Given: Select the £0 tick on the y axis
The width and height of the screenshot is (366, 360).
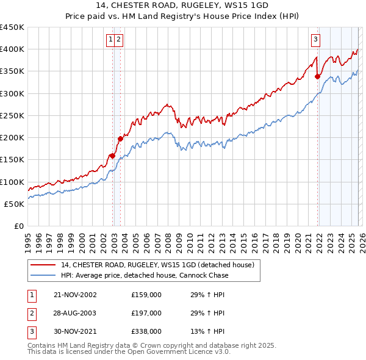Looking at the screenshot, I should coord(20,226).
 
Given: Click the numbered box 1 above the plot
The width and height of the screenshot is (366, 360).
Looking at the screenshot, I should coord(111,40).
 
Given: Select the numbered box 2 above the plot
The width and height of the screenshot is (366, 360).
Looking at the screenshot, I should coord(118,40).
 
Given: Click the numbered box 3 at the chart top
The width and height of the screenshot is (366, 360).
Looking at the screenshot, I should coord(315,40).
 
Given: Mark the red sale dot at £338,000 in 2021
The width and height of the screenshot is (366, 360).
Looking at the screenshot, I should coord(318,76).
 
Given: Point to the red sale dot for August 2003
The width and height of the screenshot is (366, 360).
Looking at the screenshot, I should coord(121,139).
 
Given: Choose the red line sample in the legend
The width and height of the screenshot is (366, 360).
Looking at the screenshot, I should coord(43,265).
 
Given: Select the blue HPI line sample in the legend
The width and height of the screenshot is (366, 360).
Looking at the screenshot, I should coord(43,275).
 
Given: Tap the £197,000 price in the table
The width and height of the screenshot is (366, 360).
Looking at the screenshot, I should coord(146,313).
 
